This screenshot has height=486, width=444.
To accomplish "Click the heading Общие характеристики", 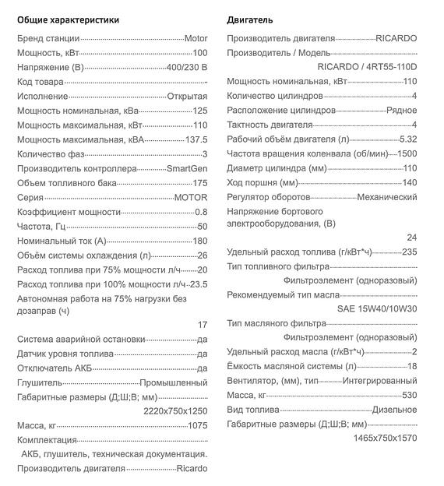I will pos(68,19).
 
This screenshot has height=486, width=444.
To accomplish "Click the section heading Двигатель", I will pos(250,19).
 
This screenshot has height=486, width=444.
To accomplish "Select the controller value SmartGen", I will pos(187,168).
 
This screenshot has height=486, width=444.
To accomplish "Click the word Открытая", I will pos(187,96).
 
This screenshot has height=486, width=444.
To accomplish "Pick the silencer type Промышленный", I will pos(174,383).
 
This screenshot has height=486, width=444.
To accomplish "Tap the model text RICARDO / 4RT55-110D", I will pos(368,67).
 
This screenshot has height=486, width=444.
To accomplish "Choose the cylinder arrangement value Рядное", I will pos(401,111).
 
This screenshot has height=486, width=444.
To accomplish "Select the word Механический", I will pos(386,197).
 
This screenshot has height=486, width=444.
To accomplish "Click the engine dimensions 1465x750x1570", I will pos(386,438).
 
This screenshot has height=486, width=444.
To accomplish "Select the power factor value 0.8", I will pos(201,212).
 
